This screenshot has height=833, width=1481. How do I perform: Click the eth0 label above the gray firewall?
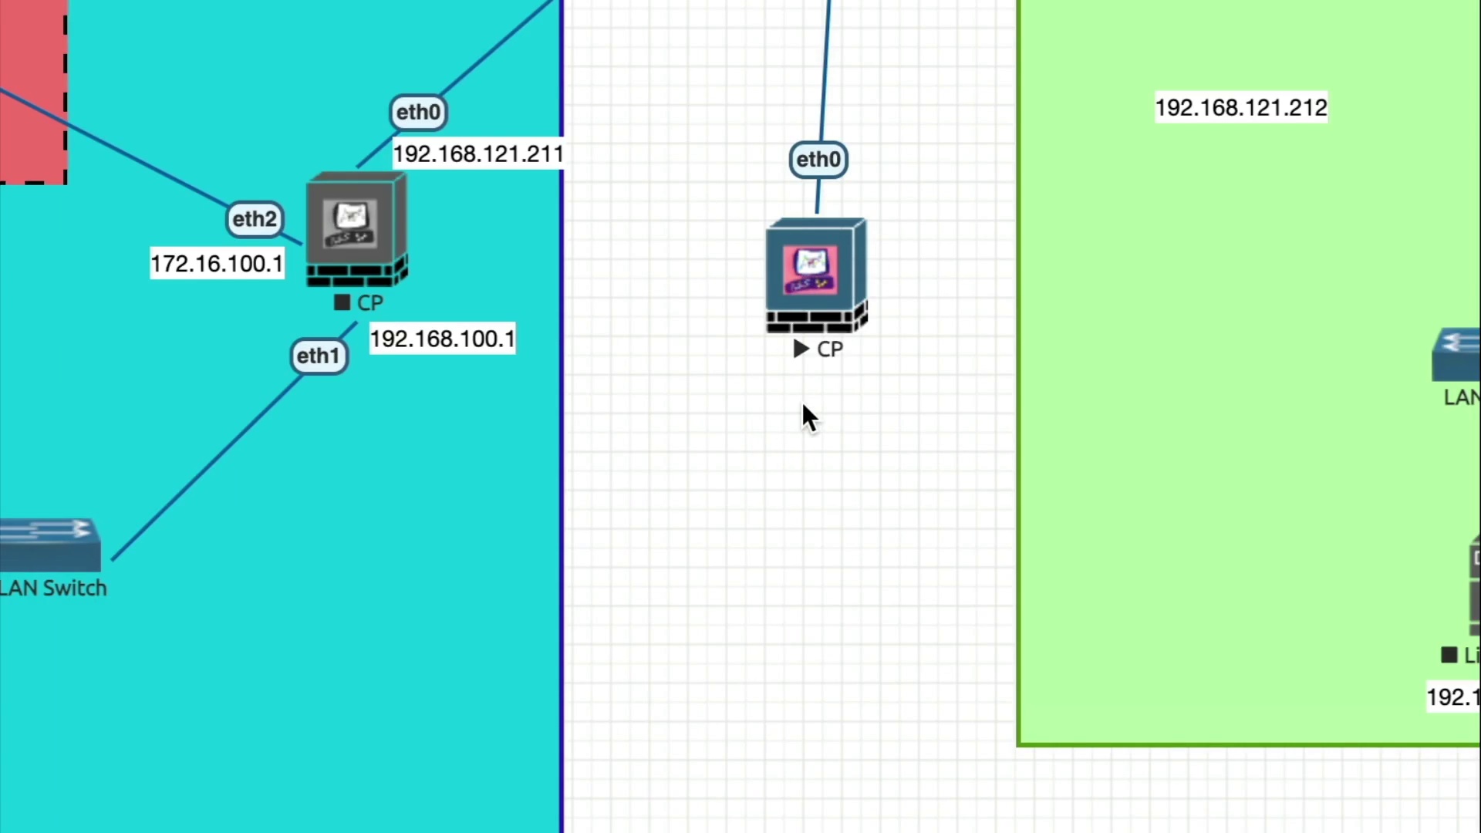tap(418, 113)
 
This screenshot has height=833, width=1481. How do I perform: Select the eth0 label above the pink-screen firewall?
tap(818, 160)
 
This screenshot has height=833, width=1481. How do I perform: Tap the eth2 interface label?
tap(255, 219)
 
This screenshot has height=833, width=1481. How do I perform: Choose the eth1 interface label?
tap(319, 356)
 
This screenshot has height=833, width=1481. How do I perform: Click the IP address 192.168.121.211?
tap(478, 154)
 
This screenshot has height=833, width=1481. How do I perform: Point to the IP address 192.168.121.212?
tap(1240, 108)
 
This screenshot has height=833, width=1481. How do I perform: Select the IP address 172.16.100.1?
tap(217, 264)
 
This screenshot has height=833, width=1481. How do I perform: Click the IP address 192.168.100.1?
tap(442, 339)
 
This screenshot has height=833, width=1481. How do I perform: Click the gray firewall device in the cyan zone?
tap(356, 229)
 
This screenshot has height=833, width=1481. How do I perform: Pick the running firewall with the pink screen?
tap(816, 275)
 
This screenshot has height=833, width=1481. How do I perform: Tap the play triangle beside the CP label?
tap(801, 349)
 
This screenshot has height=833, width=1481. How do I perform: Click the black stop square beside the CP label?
tap(342, 302)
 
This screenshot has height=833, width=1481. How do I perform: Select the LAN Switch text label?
tap(53, 588)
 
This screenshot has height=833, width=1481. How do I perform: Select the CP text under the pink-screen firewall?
tap(830, 349)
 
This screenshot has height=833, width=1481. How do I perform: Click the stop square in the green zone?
tap(1449, 655)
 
